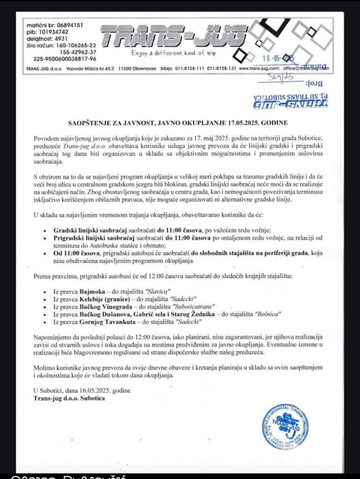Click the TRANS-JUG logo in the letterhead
[173, 37]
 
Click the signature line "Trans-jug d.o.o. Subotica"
[69, 398]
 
